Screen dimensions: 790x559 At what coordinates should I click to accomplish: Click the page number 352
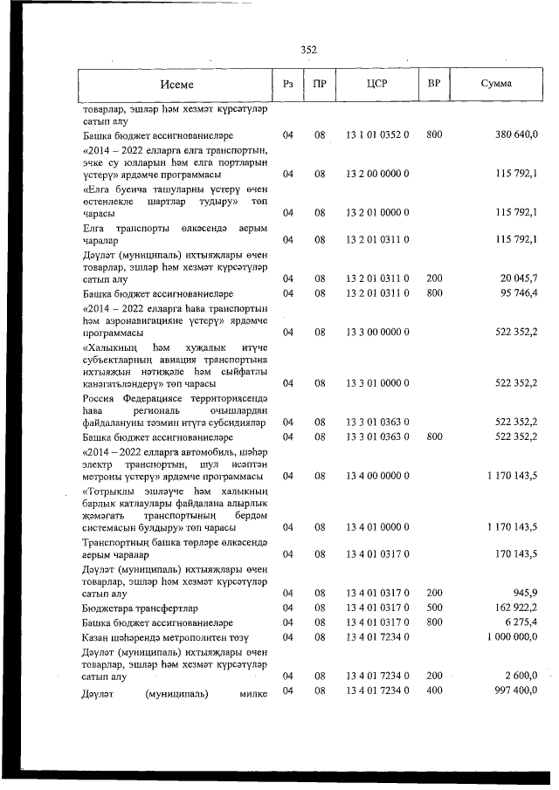(x=308, y=50)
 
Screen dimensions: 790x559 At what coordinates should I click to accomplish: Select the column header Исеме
(x=176, y=85)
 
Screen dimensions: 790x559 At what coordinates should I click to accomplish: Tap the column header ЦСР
(x=377, y=85)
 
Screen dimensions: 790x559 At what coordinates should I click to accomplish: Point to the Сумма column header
(x=496, y=85)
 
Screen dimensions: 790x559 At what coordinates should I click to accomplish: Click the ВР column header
(x=433, y=85)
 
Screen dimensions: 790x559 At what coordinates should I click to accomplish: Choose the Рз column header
(x=288, y=85)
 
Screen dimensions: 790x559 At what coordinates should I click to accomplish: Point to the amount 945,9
(x=526, y=594)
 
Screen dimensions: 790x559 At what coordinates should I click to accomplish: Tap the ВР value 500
(x=434, y=608)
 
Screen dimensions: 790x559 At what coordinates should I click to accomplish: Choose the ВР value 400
(x=434, y=691)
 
